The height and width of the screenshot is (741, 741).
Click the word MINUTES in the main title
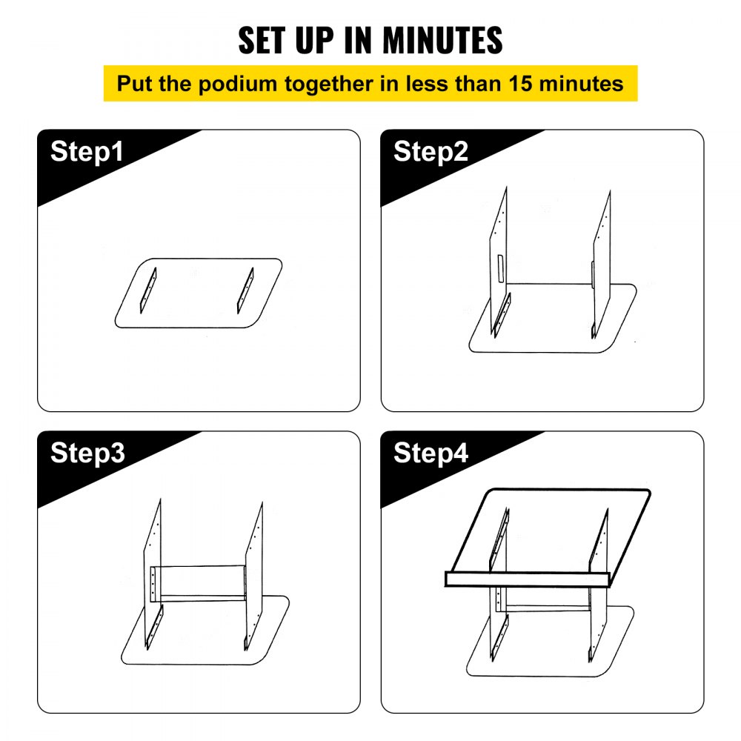coord(442,40)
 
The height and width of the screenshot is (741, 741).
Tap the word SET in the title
coord(262,40)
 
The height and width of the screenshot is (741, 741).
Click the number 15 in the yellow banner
coord(521,84)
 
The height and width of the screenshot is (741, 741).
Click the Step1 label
coord(87,151)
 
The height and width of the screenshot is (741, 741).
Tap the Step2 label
coord(431,151)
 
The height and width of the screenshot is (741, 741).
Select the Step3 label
coord(87,453)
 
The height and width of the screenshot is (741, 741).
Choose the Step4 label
coord(431,453)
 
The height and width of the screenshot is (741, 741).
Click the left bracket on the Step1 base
coord(148,290)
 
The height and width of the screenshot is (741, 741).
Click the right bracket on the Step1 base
coord(245,290)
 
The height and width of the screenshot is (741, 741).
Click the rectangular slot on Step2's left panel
coord(500,268)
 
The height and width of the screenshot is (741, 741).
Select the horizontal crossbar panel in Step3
coord(198,584)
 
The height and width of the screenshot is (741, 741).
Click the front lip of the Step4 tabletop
coord(528,579)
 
